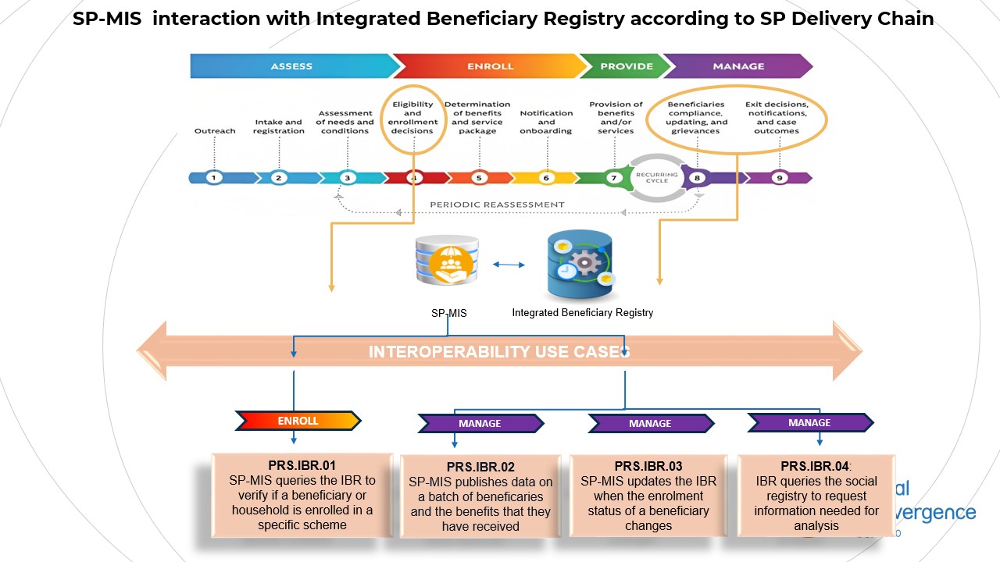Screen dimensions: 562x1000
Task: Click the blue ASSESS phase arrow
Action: [x=291, y=66]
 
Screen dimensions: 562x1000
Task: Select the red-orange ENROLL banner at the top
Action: [x=490, y=66]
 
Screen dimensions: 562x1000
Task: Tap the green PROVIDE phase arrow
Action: [x=626, y=66]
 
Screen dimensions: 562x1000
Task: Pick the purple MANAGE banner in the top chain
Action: [x=737, y=66]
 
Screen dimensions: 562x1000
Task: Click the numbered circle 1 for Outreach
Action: [x=214, y=178]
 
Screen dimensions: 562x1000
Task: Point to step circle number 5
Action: [x=479, y=178]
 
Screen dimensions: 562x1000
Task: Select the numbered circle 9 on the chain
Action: [x=778, y=178]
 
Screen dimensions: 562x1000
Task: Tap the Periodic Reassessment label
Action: [x=497, y=205]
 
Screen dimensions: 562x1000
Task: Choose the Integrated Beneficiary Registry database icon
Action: [x=580, y=265]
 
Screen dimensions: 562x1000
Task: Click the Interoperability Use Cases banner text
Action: [x=498, y=352]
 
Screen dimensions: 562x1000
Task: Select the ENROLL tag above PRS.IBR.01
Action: [x=298, y=421]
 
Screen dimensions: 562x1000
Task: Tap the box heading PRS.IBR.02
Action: [x=480, y=468]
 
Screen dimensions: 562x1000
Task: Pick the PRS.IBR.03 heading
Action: [x=648, y=467]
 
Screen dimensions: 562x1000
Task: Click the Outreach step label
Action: [x=215, y=131]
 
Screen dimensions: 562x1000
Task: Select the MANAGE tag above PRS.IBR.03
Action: [x=650, y=423]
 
